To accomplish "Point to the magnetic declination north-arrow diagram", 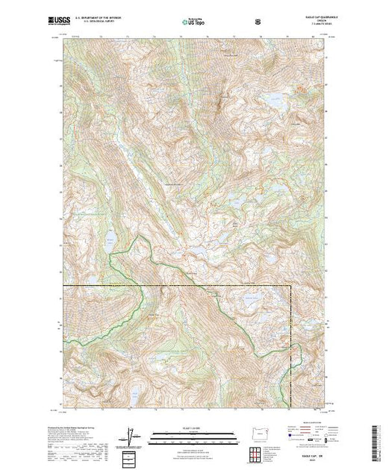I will [131, 437].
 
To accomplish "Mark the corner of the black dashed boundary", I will [290, 286].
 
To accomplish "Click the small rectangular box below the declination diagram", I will [131, 456].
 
